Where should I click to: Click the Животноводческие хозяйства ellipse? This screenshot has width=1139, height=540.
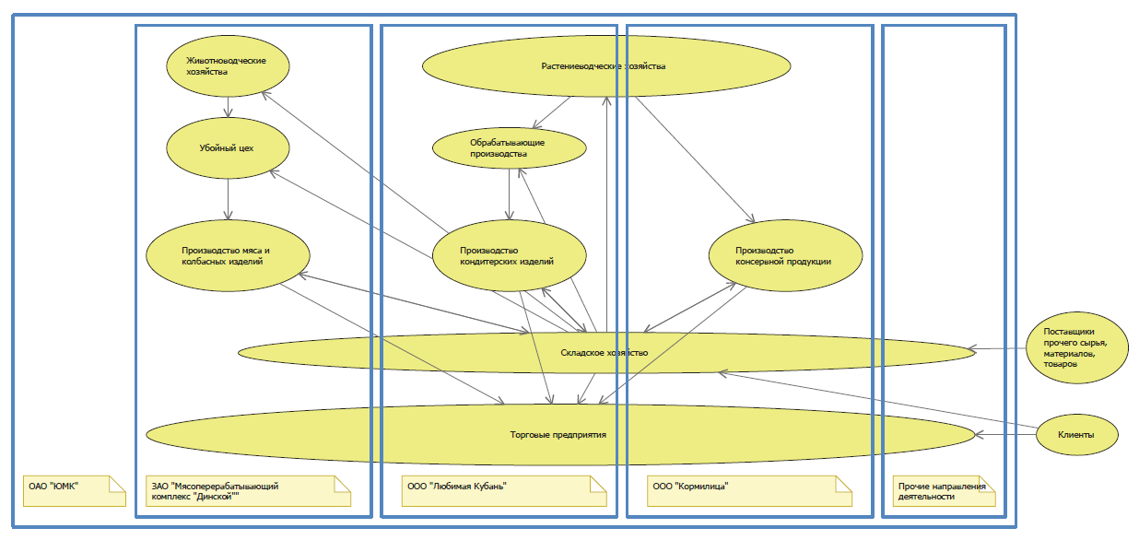(228, 66)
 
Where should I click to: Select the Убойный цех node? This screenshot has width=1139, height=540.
(228, 147)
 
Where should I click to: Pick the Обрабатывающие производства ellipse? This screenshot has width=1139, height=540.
(510, 148)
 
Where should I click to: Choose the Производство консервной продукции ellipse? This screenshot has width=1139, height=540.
(785, 255)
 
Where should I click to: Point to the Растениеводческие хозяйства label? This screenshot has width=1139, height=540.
(603, 66)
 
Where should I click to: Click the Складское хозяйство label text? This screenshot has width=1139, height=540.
(604, 353)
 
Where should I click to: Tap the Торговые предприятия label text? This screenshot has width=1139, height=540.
(558, 434)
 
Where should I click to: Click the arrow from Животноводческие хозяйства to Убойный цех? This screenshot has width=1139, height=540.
(228, 106)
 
